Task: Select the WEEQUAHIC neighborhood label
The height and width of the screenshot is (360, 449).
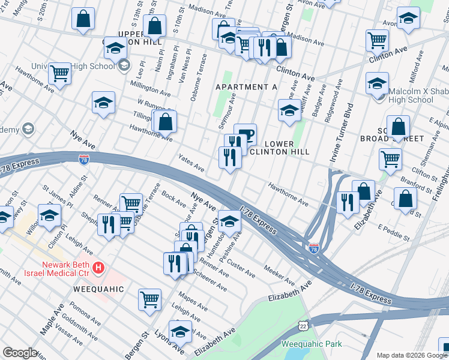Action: click(x=98, y=289)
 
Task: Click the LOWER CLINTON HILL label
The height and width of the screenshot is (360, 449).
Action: click(x=279, y=148)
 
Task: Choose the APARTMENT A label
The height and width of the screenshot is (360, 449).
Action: click(x=246, y=87)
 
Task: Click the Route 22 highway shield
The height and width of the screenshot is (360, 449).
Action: click(x=304, y=325)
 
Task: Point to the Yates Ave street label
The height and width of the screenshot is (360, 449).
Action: click(x=191, y=163)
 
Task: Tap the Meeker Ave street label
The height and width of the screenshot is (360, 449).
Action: click(x=279, y=277)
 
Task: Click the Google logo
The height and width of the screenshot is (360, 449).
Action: click(x=19, y=353)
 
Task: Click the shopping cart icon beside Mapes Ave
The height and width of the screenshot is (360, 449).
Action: click(x=149, y=299)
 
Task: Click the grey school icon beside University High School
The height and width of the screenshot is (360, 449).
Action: click(x=124, y=65)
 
